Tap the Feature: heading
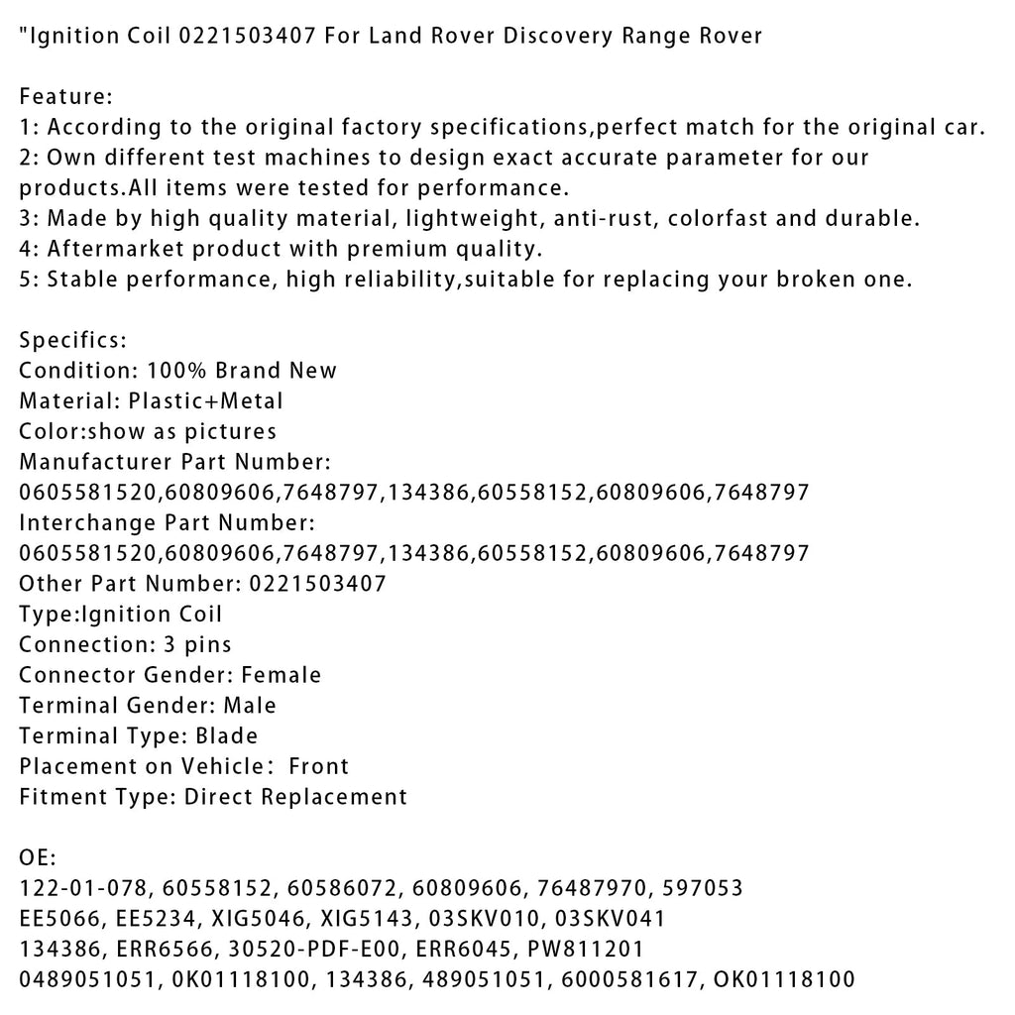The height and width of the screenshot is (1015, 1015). tap(66, 97)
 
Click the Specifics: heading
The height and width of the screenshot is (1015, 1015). tap(72, 340)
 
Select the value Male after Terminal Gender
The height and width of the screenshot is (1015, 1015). tap(250, 706)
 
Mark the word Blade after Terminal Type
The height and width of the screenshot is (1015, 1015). tap(226, 735)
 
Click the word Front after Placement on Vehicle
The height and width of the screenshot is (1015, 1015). tap(318, 766)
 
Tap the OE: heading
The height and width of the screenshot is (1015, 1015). tap(38, 857)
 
